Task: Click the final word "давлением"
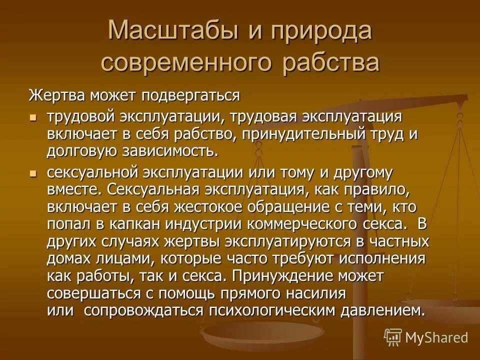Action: point(383,310)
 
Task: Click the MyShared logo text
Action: point(436,337)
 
